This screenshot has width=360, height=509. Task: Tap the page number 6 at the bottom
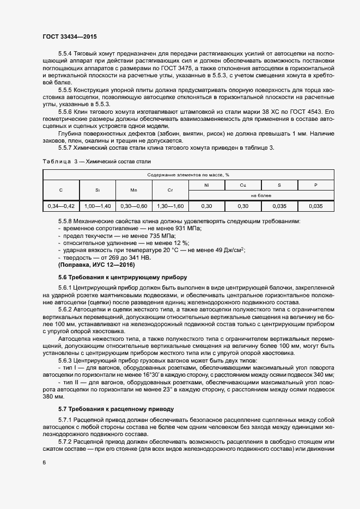coord(44,462)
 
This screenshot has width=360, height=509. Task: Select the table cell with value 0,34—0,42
coord(61,206)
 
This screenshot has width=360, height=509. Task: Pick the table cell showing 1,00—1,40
coord(97,206)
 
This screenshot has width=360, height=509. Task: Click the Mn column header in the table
coord(133,190)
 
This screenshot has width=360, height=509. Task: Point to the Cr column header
coord(170,190)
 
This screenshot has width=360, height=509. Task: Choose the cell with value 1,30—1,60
coord(170,206)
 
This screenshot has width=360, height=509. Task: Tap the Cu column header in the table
coord(243,185)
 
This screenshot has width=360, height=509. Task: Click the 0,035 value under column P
coord(316,206)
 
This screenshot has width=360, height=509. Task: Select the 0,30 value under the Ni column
coord(206,206)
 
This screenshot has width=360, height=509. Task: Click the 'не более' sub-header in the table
coord(261,194)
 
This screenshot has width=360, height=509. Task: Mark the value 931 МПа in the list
coord(188,229)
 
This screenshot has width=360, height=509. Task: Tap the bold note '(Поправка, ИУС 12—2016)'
coord(96,265)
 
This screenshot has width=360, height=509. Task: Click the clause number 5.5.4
coord(65,53)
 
